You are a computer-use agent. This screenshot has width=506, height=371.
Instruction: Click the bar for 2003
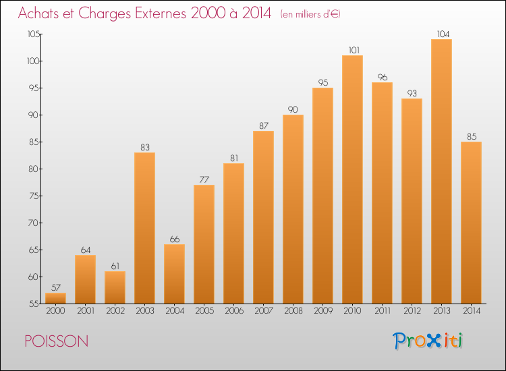[144, 228]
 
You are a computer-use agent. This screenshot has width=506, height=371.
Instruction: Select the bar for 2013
[441, 171]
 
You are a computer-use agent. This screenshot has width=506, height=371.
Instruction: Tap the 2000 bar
[55, 298]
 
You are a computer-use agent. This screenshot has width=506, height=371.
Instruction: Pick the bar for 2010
[352, 179]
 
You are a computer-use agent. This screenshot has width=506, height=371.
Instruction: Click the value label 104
[443, 34]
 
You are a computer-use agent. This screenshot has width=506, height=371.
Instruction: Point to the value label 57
[56, 287]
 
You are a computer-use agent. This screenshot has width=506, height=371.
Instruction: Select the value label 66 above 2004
[175, 239]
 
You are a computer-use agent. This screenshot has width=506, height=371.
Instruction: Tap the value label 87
[264, 125]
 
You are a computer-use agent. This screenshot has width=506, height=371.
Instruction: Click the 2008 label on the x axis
[293, 311]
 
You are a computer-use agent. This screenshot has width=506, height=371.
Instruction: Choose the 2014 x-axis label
[472, 311]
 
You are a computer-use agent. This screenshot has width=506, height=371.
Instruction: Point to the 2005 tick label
[204, 311]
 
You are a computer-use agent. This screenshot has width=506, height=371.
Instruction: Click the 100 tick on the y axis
[33, 61]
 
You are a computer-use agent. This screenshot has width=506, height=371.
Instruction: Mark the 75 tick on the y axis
[34, 196]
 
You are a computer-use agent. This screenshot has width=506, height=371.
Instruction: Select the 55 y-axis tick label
[34, 304]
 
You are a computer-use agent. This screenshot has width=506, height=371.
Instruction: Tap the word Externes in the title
[161, 13]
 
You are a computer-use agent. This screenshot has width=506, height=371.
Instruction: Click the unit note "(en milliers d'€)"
[310, 14]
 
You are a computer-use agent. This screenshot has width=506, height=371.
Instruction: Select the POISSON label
[57, 341]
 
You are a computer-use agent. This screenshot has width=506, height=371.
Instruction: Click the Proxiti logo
[428, 341]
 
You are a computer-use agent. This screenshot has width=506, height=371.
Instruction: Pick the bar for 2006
[233, 233]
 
